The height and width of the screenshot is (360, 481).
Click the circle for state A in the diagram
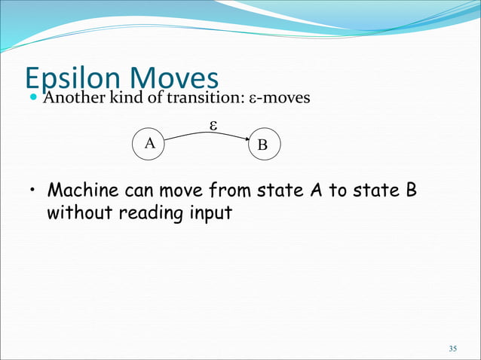tap(149, 142)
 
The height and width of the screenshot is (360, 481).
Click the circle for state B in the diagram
tap(262, 145)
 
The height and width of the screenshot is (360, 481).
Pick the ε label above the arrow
tap(213, 126)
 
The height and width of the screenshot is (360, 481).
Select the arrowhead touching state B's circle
tap(247, 139)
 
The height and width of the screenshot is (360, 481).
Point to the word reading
tap(151, 214)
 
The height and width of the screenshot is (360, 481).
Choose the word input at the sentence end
tap(209, 214)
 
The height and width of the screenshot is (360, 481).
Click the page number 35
tap(452, 348)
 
